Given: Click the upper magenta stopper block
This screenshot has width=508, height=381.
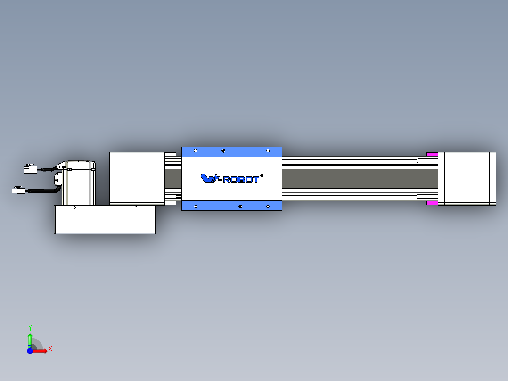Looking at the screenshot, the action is [432, 154].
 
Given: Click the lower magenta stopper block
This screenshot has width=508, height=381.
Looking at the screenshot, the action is [432, 203].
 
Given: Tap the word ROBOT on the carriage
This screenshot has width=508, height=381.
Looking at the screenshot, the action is [241, 180].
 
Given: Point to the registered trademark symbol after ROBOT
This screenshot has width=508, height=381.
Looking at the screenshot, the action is [262, 176].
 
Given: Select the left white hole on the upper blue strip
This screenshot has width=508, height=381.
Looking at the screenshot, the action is [196, 151].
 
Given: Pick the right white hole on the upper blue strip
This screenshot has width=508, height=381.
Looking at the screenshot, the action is [268, 151].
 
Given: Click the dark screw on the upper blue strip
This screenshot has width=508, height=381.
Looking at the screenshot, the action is [223, 151].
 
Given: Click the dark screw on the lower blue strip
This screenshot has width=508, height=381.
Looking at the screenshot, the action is [240, 207].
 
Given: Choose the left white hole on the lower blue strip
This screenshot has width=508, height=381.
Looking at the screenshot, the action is [196, 207].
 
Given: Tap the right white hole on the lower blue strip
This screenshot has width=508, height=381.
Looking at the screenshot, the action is [268, 207].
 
